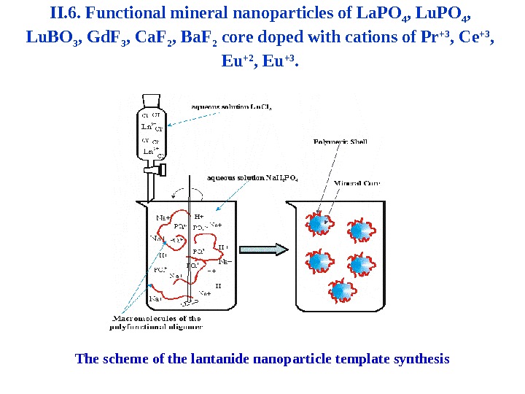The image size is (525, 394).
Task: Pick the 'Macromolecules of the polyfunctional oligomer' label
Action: [157, 322]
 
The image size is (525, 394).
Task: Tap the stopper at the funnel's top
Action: [151, 101]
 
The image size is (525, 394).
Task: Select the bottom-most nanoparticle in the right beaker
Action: [340, 290]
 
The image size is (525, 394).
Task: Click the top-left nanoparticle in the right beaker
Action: [319, 224]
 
